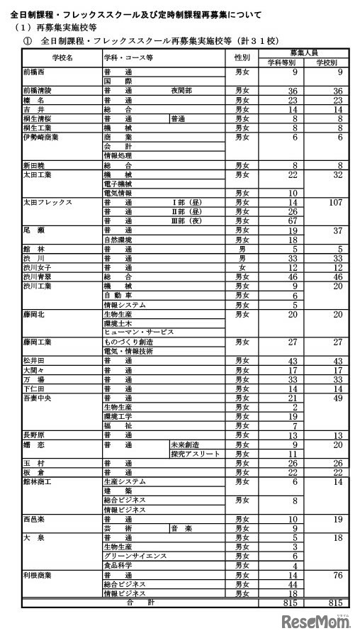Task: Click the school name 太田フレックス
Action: [47, 202]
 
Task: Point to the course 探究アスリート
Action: [196, 453]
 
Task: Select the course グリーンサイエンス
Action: [135, 555]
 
